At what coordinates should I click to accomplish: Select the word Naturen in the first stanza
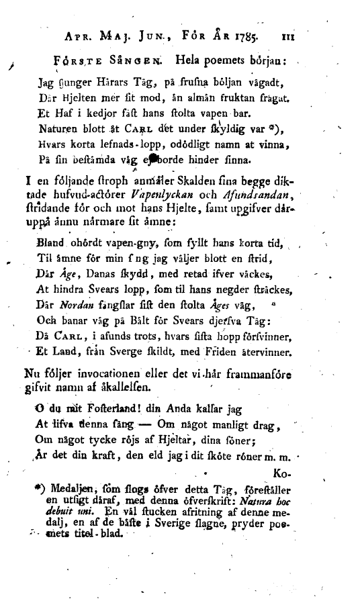60,127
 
